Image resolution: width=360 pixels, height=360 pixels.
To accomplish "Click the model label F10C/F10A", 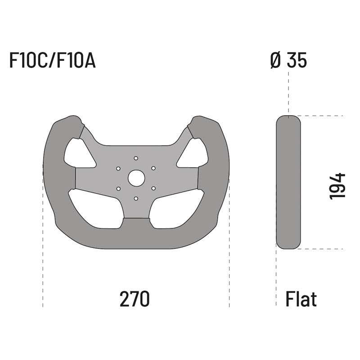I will pos(52,61).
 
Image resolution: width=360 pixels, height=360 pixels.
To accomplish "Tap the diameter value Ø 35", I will pos(288,61).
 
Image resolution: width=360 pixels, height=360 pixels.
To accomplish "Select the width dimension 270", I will pos(134,299).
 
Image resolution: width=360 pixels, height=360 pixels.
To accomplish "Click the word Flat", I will pos(301,299).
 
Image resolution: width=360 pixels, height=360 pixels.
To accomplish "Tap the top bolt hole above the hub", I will pos(136,158).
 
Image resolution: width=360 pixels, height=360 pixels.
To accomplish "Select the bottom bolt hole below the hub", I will pos(136,198).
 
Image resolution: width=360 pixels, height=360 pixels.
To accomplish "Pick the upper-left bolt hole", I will pos(118,168).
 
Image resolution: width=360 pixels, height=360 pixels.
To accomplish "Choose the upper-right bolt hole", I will pos(153,168).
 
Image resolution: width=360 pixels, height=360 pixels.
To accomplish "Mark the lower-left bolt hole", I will pos(118,189).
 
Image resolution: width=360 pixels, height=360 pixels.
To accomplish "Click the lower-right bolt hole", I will pos(153,189).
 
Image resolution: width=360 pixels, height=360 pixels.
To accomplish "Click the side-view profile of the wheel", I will pos(288,182).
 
